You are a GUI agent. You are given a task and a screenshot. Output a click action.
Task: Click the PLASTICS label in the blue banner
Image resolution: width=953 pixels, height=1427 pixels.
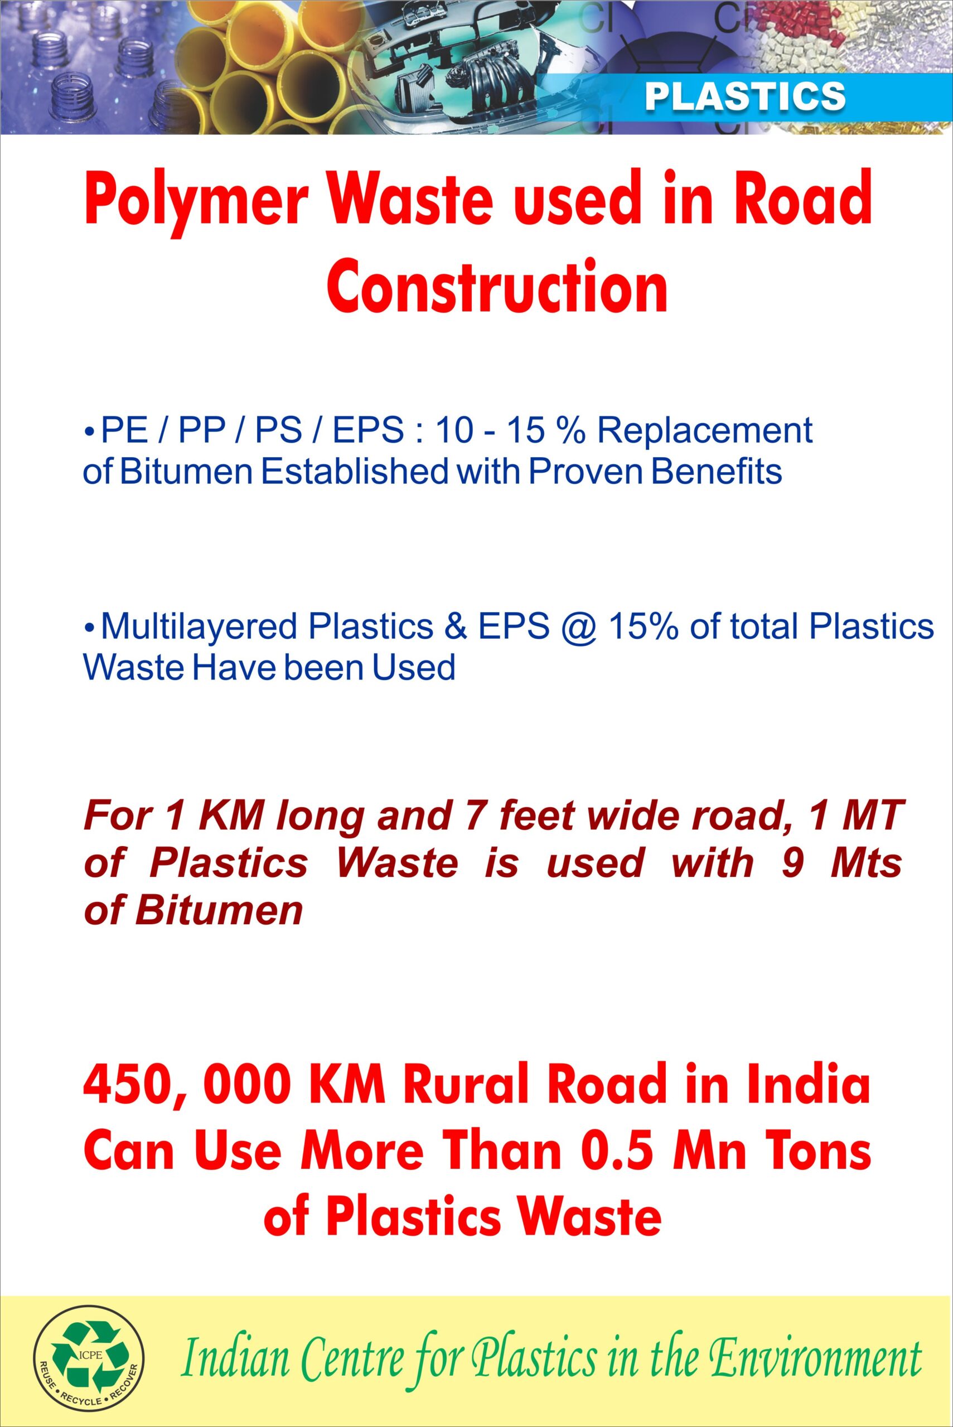coord(745,96)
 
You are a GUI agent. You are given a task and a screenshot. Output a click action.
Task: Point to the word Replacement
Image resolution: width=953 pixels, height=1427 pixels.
coord(705,431)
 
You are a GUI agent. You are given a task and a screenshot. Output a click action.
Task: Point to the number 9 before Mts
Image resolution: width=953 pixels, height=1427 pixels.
coord(791,863)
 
